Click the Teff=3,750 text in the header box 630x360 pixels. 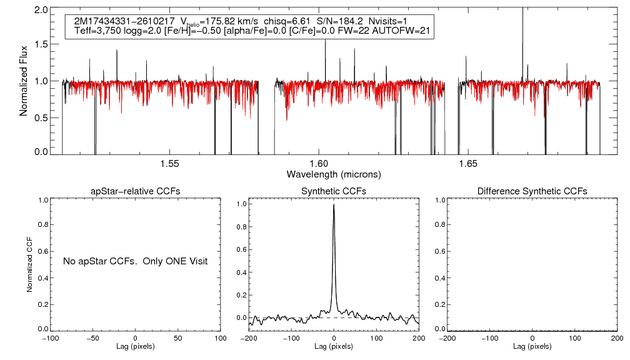point(97,31)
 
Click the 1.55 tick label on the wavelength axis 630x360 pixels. point(170,164)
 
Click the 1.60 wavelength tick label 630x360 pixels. point(319,164)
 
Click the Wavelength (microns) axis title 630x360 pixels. point(334,174)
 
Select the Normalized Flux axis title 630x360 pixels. point(24,81)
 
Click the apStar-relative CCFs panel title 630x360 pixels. point(136,191)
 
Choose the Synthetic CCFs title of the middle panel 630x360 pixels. point(334,191)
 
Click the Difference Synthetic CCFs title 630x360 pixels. point(532,191)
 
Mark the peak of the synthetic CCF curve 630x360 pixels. point(334,204)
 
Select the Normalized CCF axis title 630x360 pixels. point(29,264)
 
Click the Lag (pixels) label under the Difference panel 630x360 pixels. point(532,346)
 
